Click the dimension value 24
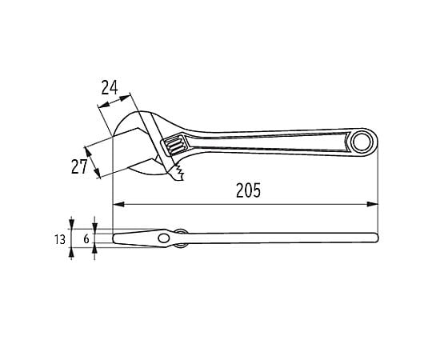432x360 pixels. click(110, 87)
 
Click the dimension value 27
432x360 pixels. click(79, 166)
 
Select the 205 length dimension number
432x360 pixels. click(248, 190)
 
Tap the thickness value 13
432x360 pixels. click(60, 239)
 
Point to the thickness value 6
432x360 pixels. click(86, 239)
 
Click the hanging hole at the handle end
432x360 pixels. click(363, 142)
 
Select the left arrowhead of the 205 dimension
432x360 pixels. click(118, 204)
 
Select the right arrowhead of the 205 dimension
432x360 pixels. click(373, 204)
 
